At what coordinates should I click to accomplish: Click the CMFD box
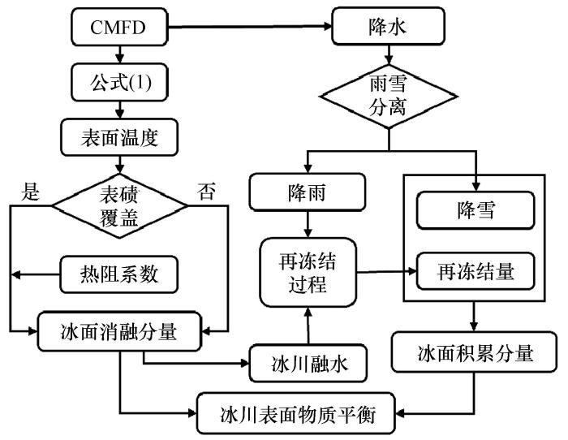(x=119, y=27)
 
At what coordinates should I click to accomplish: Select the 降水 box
(x=389, y=26)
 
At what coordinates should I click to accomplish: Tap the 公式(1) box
(x=119, y=82)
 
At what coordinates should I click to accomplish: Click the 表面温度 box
(x=119, y=137)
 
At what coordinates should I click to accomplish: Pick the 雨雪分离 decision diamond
(x=389, y=97)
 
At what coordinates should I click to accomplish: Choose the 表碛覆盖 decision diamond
(x=119, y=206)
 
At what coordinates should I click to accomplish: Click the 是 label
(x=30, y=192)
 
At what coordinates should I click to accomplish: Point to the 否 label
(x=206, y=192)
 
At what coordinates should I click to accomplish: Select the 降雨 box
(x=308, y=192)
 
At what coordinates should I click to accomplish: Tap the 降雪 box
(x=475, y=210)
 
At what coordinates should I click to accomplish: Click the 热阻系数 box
(x=118, y=274)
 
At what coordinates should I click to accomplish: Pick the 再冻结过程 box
(x=308, y=273)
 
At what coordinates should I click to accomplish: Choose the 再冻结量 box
(x=475, y=271)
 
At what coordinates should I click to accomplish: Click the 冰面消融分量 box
(x=119, y=331)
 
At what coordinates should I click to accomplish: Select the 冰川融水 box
(x=308, y=363)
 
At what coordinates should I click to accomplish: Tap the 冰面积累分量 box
(x=474, y=352)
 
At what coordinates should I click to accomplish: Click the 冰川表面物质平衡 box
(x=296, y=413)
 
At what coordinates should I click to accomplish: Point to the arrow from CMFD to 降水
(x=250, y=27)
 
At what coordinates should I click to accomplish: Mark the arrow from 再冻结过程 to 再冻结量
(x=386, y=271)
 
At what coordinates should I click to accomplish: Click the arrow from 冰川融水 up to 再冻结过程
(x=308, y=326)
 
